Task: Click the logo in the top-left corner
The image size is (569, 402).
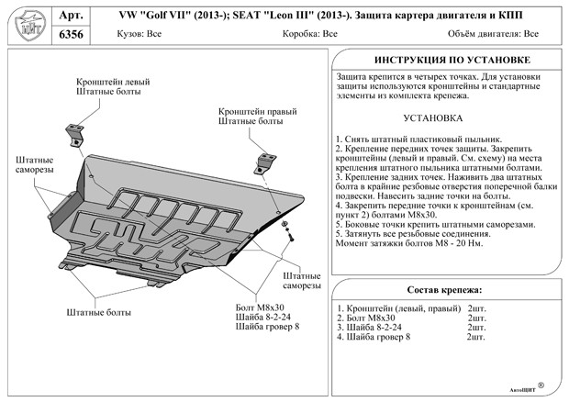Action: pos(26,26)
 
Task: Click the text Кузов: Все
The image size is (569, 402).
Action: pos(133,35)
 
